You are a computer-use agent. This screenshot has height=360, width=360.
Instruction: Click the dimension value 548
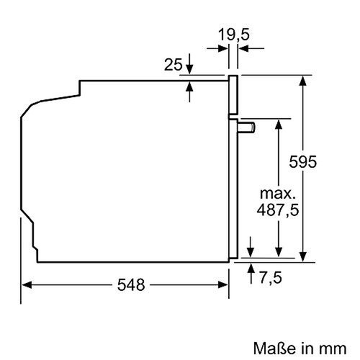pyautogui.click(x=128, y=285)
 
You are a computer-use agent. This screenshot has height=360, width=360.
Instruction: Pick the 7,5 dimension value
pyautogui.click(x=270, y=277)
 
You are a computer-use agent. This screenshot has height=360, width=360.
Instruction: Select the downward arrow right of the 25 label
pyautogui.click(x=189, y=67)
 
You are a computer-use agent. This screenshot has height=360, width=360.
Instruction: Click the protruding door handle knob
pyautogui.click(x=248, y=127)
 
